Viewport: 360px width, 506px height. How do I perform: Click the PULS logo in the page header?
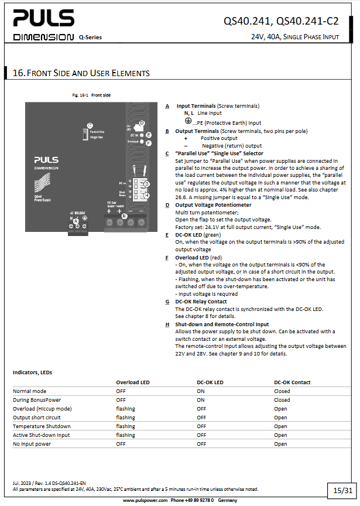pos(44,20)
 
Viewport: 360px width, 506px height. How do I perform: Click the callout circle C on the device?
pos(89,125)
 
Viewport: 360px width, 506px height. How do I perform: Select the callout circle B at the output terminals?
pos(124,216)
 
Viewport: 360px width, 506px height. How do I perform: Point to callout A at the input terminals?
pos(76,220)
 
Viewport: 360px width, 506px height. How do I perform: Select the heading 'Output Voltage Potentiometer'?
pos(213,205)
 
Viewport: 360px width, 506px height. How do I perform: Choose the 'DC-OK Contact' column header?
pos(292,382)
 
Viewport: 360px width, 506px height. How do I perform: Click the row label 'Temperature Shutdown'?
pos(42,426)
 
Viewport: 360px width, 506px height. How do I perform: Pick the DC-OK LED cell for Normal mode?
pos(200,391)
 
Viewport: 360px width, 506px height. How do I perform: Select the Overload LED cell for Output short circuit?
pos(125,418)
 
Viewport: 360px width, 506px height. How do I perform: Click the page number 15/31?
pos(342,490)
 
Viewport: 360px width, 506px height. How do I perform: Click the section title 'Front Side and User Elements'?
pos(81,73)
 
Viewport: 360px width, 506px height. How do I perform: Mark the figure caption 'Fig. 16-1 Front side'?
pos(91,95)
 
